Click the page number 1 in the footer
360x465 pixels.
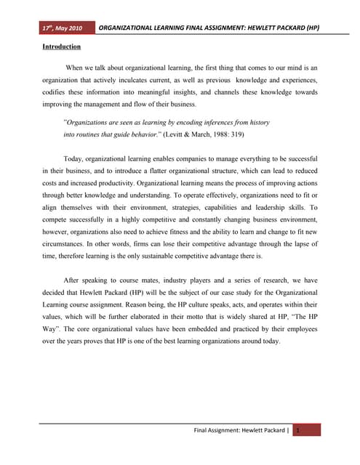click(297, 432)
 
